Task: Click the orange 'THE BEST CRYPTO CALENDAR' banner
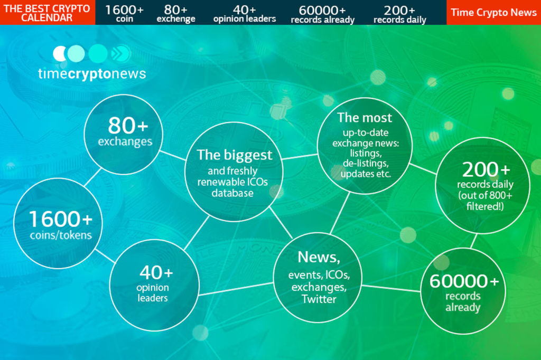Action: coord(48,13)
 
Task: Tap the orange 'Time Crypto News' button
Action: coord(494,13)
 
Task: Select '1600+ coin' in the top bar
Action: coord(124,13)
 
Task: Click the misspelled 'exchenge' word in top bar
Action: coord(176,18)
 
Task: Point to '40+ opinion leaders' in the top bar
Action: coord(244,13)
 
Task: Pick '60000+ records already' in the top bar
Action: coord(323,14)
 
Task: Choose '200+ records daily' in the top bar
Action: coord(399,14)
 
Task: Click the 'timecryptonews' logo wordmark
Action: coord(92,74)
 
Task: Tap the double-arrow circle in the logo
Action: coord(120,54)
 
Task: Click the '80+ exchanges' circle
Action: coord(124,134)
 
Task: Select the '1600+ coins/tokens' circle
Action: coord(58,223)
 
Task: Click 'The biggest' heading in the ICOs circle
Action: coord(234,155)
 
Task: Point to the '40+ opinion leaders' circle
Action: coord(154,285)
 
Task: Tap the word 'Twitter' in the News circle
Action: coord(319,299)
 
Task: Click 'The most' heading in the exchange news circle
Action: coord(365,118)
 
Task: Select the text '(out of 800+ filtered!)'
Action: coord(485,201)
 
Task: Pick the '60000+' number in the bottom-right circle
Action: coord(464,281)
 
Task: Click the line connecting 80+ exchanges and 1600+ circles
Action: coord(92,177)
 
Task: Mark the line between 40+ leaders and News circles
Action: coord(236,289)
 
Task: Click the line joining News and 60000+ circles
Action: coord(391,288)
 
